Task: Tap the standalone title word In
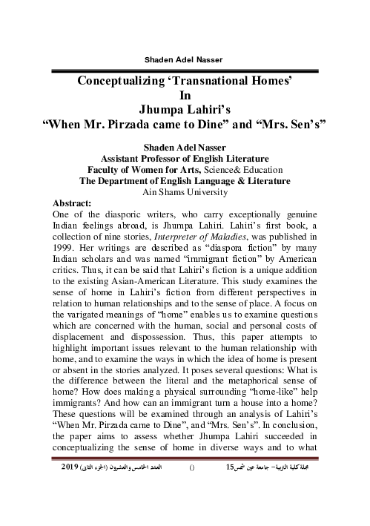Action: (185, 95)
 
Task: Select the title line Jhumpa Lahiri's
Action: (185, 110)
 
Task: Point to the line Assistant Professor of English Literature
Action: (185, 158)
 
